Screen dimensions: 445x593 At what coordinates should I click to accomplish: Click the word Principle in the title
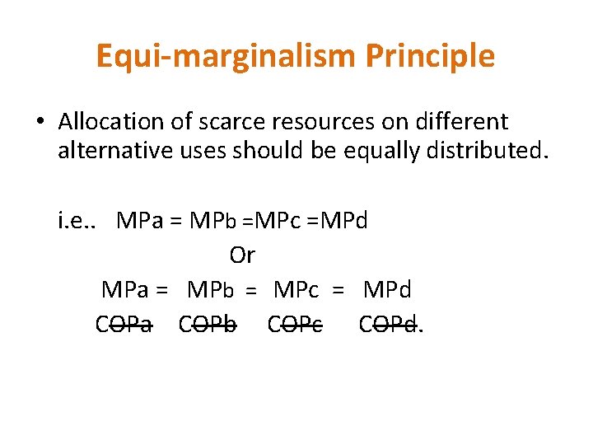(x=430, y=56)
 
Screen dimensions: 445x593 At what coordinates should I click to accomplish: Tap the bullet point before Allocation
(x=40, y=123)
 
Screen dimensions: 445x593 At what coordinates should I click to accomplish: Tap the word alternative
(x=110, y=151)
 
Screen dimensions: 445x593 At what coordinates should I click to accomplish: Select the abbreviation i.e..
(x=76, y=221)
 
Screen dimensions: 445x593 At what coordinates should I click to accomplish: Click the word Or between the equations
(x=242, y=255)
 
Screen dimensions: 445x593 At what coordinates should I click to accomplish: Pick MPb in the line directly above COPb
(x=211, y=290)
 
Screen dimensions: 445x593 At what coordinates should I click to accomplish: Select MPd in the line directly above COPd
(x=387, y=290)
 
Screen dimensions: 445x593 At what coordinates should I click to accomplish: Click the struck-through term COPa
(x=124, y=325)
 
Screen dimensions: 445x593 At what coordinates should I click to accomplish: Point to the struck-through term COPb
(x=208, y=325)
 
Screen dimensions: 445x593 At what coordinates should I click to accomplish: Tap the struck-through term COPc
(x=295, y=325)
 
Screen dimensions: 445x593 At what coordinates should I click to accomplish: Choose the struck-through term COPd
(x=388, y=325)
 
